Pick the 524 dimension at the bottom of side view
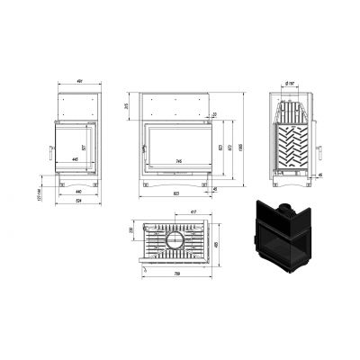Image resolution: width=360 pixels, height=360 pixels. click(77, 202)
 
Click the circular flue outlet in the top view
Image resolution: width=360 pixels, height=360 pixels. click(176, 241)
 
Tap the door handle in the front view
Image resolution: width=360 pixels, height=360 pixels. click(142, 149)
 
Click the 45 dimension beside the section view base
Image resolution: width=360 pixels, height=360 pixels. click(320, 175)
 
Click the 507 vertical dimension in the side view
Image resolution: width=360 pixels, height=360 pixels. click(85, 148)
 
